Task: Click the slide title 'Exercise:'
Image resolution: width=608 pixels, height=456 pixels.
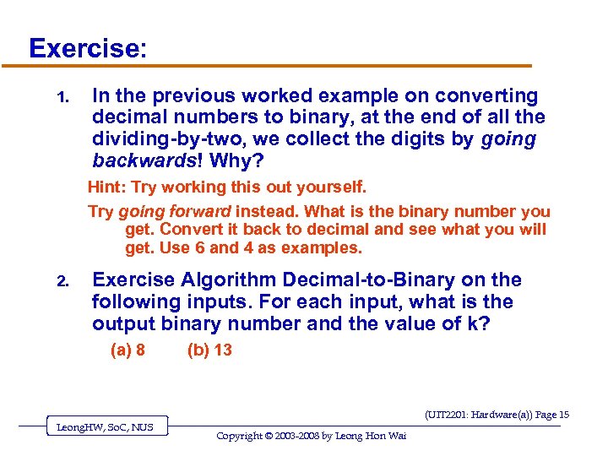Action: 88,47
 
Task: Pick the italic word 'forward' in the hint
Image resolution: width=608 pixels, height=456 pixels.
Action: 200,212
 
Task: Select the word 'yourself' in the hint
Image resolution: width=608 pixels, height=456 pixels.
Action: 334,187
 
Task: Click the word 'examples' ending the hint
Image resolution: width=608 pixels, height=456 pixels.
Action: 324,248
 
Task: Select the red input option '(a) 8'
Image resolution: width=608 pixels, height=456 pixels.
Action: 128,350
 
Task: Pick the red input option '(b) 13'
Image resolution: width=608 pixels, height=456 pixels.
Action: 209,350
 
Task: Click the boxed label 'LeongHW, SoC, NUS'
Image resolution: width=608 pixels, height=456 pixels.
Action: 105,427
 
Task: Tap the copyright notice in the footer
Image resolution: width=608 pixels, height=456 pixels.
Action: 311,436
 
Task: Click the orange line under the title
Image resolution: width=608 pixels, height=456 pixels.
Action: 279,66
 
